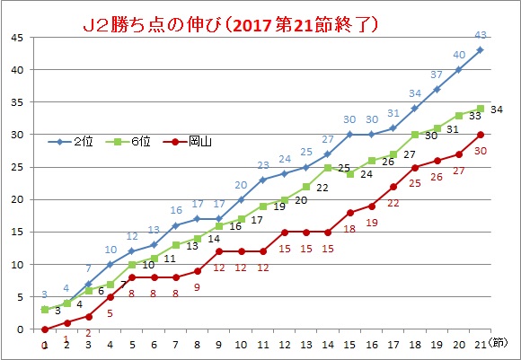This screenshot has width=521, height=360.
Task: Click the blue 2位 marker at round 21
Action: click(x=481, y=50)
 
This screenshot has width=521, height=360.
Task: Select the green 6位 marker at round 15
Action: click(x=350, y=173)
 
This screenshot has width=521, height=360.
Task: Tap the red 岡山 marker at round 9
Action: click(x=219, y=251)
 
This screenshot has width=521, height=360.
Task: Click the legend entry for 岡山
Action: click(x=188, y=142)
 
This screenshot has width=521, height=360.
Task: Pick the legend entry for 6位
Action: click(x=128, y=142)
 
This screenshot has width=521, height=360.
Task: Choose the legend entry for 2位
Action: click(x=70, y=142)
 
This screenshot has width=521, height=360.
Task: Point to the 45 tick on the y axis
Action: click(x=17, y=38)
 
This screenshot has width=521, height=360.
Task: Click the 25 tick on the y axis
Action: click(x=17, y=167)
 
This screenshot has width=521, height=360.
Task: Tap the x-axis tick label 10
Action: click(x=241, y=345)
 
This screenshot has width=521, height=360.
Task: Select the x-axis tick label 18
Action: click(x=415, y=345)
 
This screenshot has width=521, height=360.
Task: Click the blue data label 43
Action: click(x=481, y=35)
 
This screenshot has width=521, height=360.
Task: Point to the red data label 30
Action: click(x=481, y=151)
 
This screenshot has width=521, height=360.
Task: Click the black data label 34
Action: click(x=497, y=110)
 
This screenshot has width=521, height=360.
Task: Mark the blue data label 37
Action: click(x=437, y=75)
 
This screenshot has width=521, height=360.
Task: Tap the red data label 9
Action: click(x=197, y=287)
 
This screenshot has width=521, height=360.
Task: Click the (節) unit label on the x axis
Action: click(x=498, y=343)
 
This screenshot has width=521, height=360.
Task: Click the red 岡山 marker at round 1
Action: click(x=45, y=329)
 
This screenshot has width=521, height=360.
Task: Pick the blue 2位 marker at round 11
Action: click(x=263, y=180)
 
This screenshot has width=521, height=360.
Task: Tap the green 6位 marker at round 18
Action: click(x=415, y=135)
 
